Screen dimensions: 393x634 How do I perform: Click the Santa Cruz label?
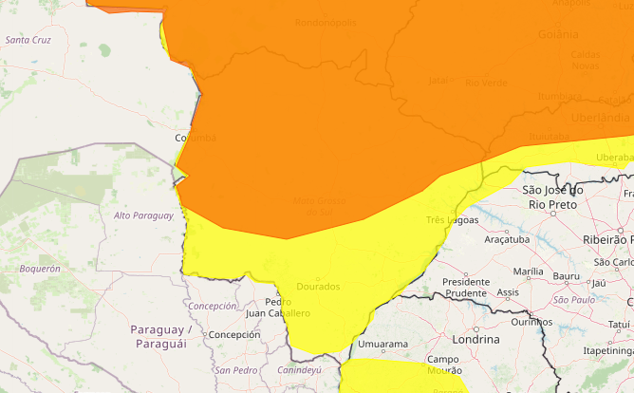tap(28, 40)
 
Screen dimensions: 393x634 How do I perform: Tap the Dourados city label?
tap(319, 285)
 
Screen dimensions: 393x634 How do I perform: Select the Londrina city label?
tap(475, 339)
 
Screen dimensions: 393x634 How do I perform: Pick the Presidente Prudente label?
tap(465, 288)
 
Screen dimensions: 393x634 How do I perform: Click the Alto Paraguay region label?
tap(143, 215)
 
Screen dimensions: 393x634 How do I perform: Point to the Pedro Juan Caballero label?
tap(277, 307)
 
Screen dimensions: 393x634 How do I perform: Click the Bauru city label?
tap(566, 276)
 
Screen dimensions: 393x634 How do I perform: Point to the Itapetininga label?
tap(607, 350)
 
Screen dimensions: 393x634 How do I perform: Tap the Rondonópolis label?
tap(326, 22)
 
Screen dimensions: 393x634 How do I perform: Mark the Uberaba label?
tap(614, 157)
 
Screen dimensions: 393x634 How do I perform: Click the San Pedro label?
tap(235, 369)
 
